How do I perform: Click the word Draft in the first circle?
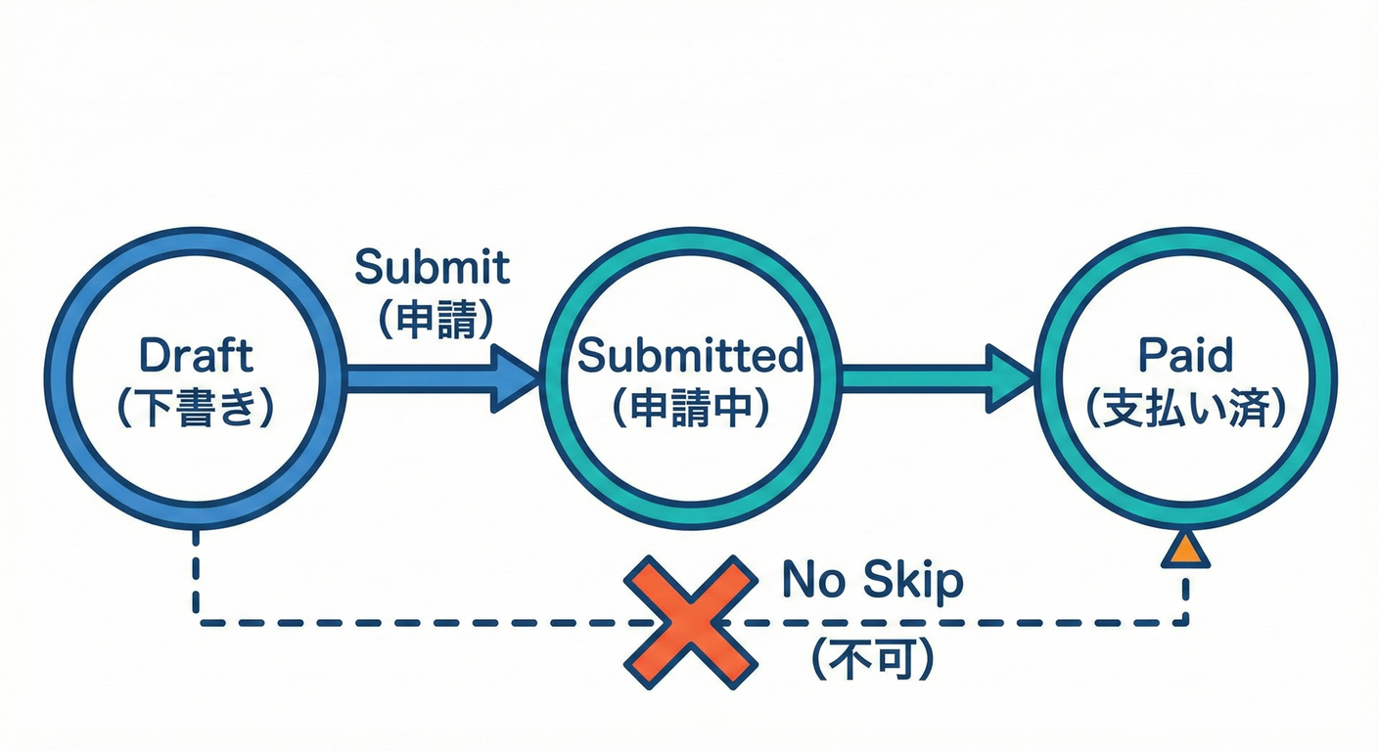(196, 355)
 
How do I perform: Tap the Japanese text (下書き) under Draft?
(196, 410)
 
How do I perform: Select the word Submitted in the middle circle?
(690, 355)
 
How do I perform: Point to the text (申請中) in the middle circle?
(690, 410)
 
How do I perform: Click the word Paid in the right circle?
(1185, 355)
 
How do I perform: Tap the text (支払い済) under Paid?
(1185, 410)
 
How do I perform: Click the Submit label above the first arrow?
(432, 266)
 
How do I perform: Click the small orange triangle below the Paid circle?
(1185, 551)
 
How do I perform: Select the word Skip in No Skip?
(912, 582)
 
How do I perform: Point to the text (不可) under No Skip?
(871, 661)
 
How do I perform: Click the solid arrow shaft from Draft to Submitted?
(416, 376)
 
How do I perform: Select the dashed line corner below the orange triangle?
(1186, 620)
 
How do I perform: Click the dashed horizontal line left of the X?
(411, 622)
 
